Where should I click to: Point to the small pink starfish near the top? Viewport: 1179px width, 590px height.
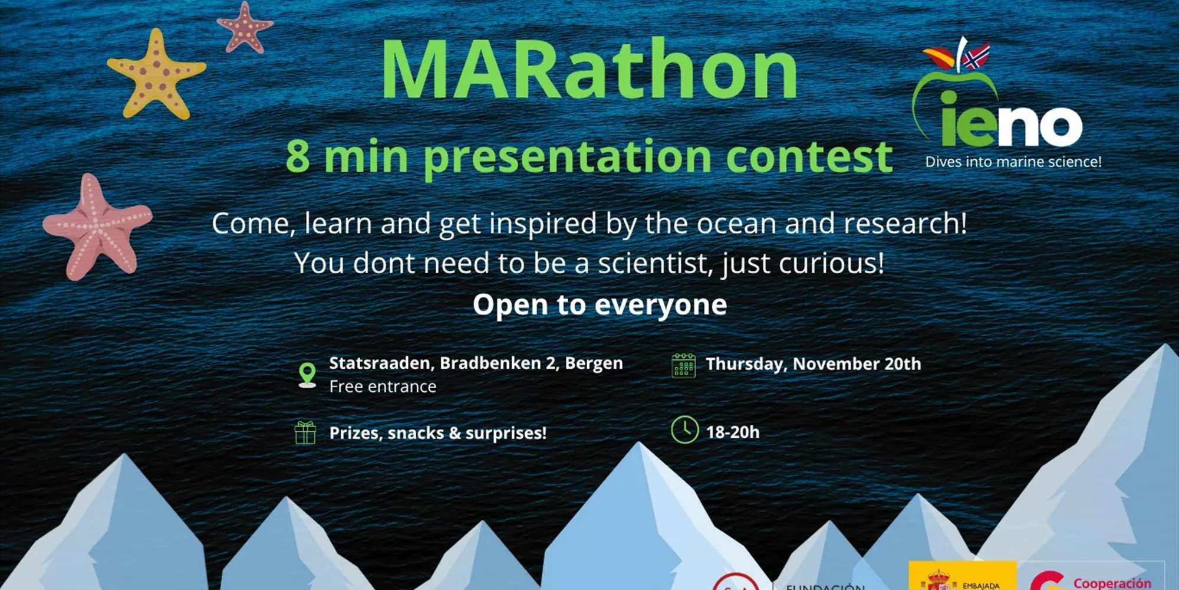coord(245,27)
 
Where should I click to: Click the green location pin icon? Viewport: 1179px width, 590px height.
coord(307,374)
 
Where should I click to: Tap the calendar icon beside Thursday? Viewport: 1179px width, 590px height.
coord(684,365)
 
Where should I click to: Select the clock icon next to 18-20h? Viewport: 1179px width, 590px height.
coord(684,430)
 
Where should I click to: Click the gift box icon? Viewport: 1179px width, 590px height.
coord(305,433)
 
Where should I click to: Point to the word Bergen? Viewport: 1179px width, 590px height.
coord(594,363)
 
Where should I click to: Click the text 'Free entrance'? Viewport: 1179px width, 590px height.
coord(383,386)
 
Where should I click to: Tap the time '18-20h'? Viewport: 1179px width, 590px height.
coord(733,432)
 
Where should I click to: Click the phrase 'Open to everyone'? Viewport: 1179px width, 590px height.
coord(600,305)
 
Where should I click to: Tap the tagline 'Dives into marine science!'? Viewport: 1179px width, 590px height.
coord(1013,162)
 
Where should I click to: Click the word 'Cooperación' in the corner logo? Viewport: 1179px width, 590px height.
coord(1112,583)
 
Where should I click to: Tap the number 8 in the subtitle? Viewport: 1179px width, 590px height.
coord(298,156)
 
